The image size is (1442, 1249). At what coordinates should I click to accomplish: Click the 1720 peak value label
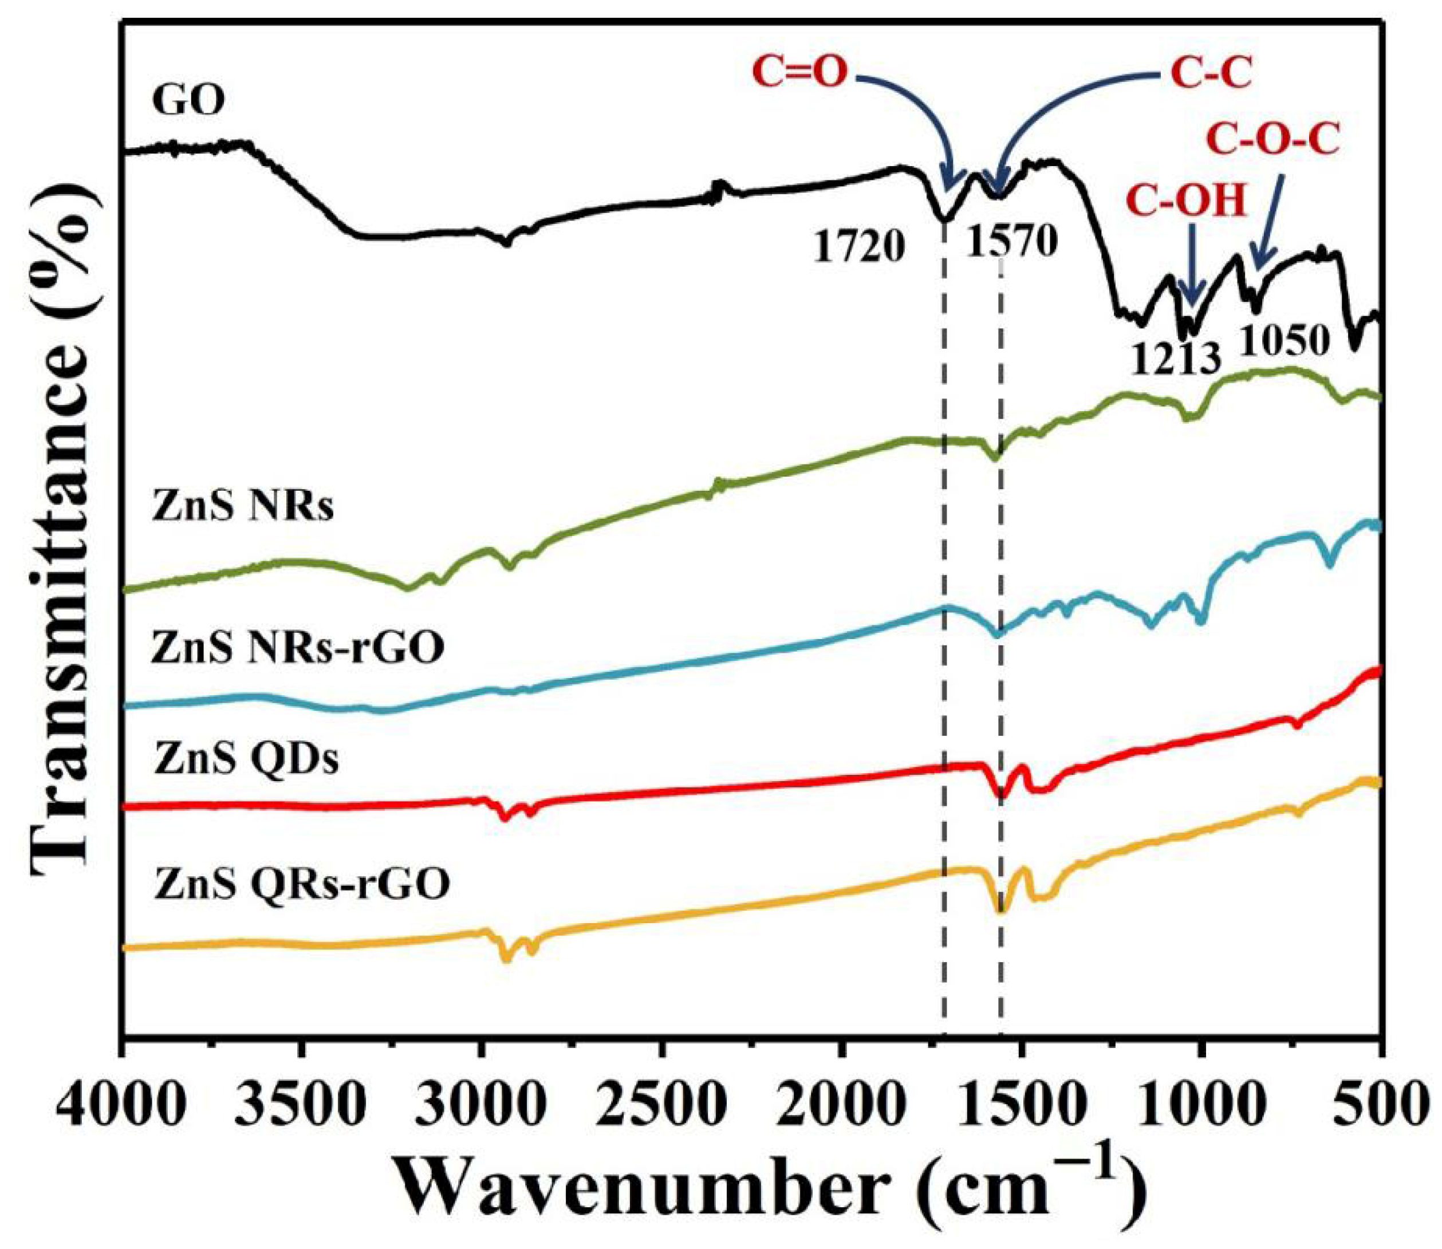858,247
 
